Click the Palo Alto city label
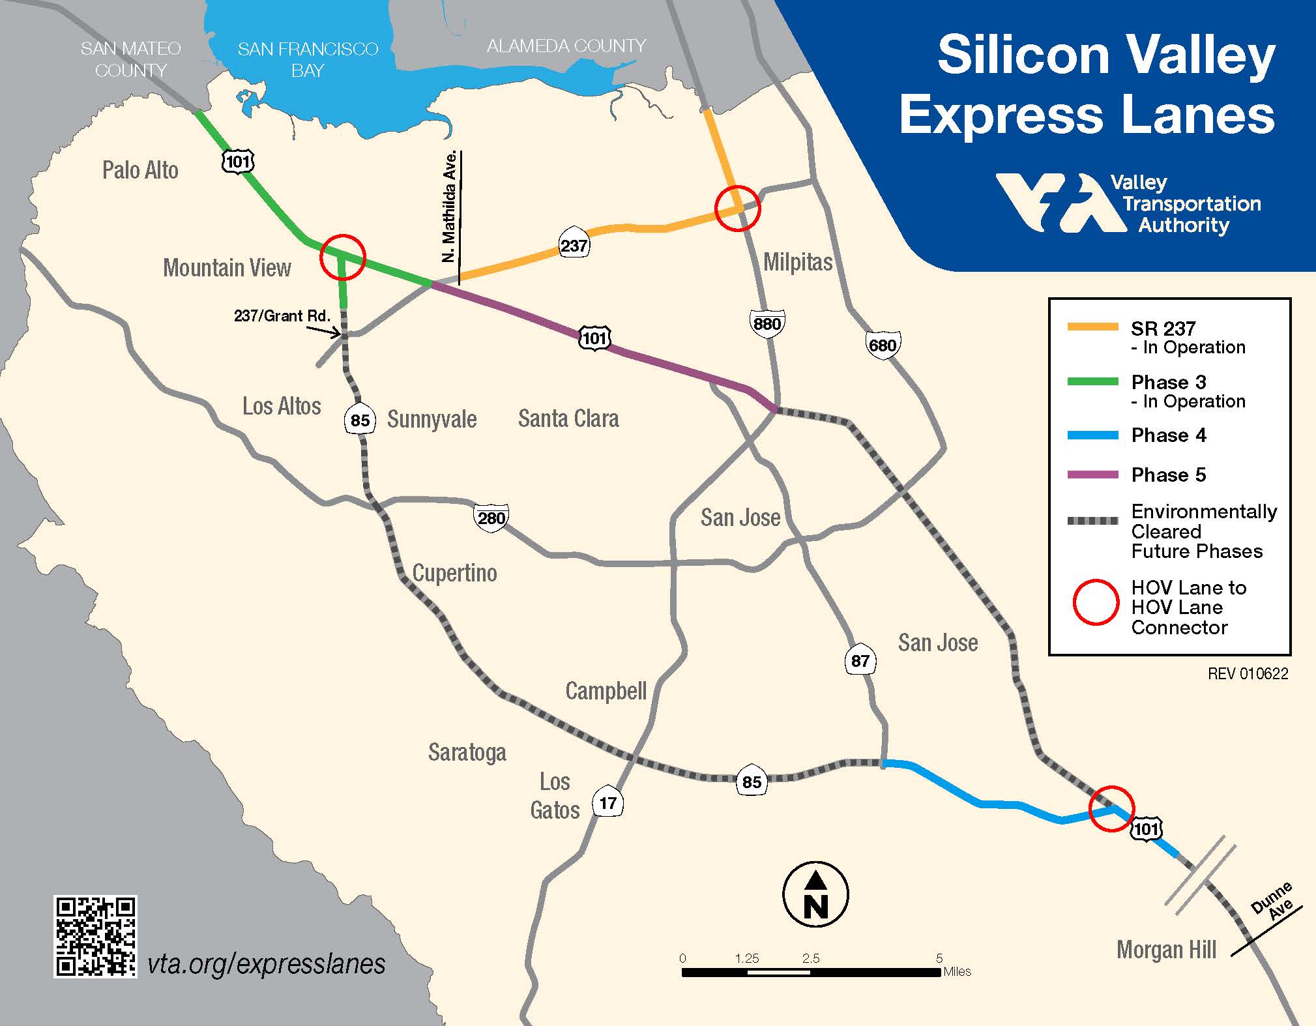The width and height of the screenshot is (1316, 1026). (140, 170)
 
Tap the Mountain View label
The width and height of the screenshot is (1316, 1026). (227, 267)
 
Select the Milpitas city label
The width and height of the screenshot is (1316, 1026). (798, 262)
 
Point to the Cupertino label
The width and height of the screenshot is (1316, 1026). (454, 573)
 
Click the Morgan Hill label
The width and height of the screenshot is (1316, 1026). (1166, 950)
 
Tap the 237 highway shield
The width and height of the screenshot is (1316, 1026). (574, 246)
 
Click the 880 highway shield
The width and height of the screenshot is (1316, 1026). (767, 324)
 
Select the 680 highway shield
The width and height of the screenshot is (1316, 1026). (883, 345)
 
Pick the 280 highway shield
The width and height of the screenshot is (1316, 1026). (491, 518)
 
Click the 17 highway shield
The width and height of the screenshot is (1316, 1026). (607, 802)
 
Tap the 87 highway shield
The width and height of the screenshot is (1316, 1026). (860, 661)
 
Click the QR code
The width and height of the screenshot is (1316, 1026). (95, 937)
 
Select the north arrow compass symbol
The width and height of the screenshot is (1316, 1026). (815, 894)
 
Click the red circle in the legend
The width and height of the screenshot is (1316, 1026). (1096, 602)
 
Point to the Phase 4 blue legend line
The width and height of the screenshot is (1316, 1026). (1092, 435)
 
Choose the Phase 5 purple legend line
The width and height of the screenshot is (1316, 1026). (1092, 475)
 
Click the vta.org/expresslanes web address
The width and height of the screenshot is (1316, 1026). (266, 964)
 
